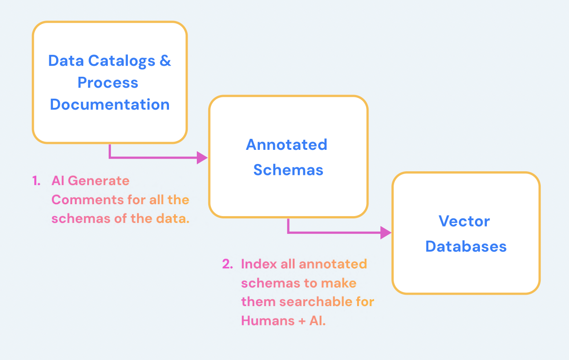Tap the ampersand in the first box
tap(165, 61)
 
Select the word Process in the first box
tap(108, 83)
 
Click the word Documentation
tap(110, 105)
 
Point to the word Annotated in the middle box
tap(286, 145)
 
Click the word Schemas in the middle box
tap(288, 170)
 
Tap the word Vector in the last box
tap(464, 221)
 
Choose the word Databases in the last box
tap(466, 247)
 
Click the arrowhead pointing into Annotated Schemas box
tap(202, 158)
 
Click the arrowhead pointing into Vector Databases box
tap(386, 233)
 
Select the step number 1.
tap(36, 181)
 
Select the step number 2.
tap(227, 264)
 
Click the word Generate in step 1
tap(99, 181)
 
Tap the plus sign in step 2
tap(301, 321)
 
